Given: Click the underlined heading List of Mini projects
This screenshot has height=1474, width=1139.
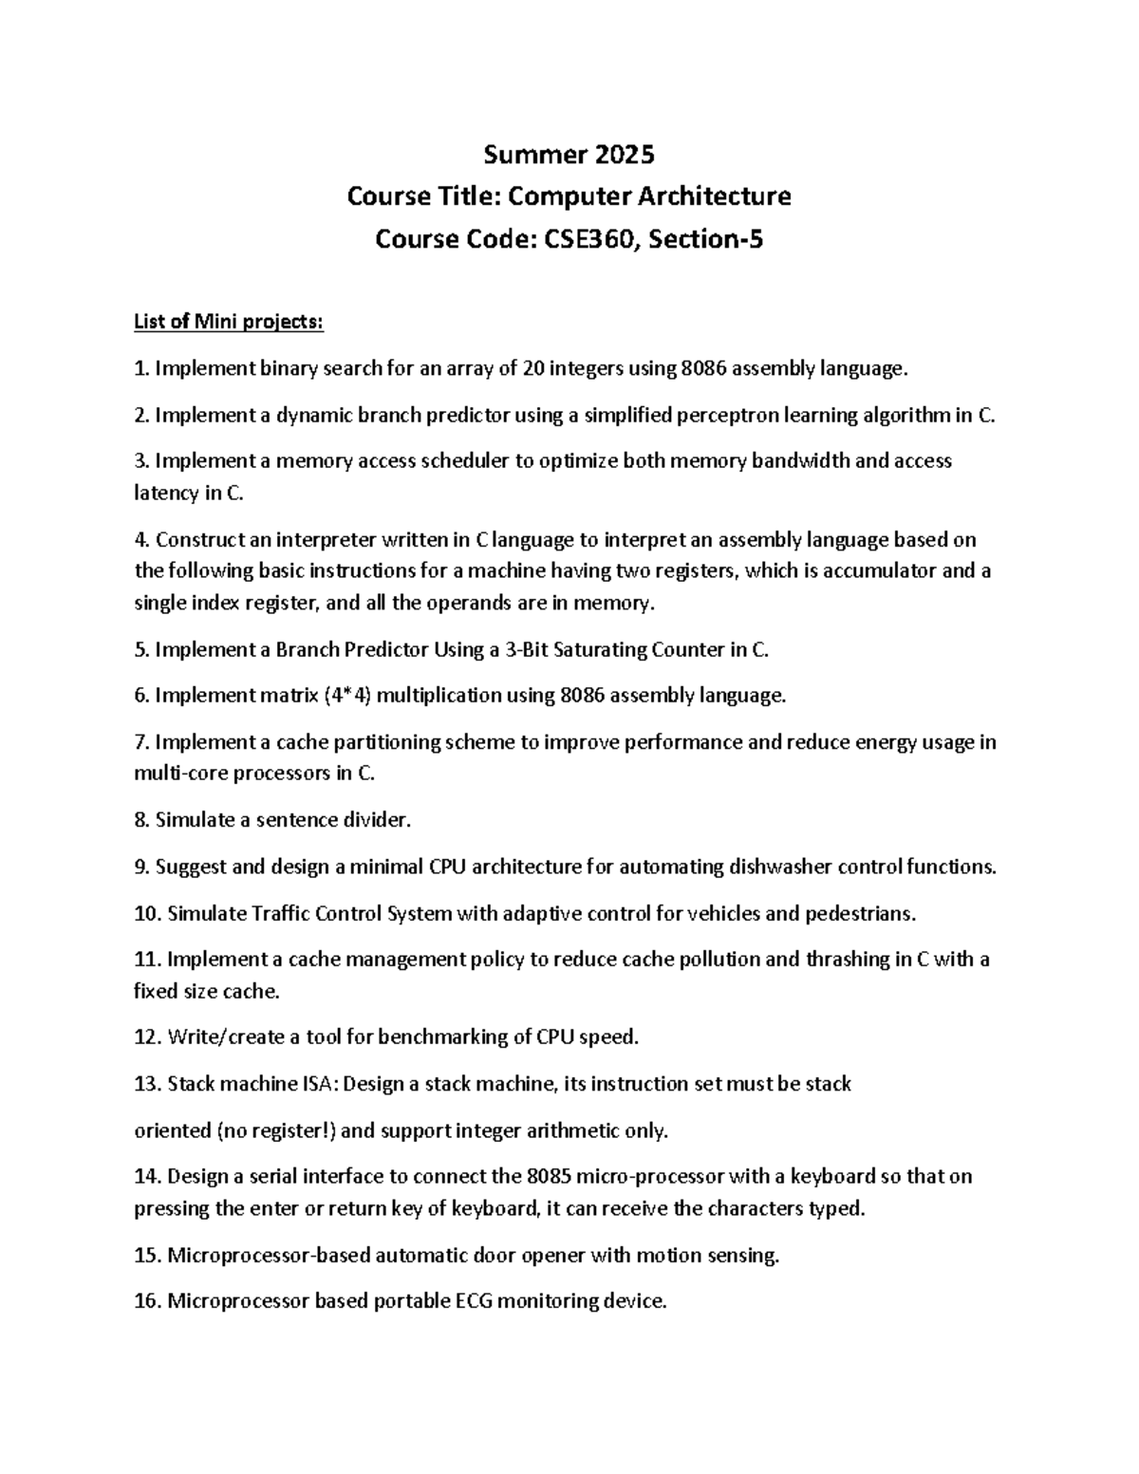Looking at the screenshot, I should coord(229,323).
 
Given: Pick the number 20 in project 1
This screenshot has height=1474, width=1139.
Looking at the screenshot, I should coord(533,368).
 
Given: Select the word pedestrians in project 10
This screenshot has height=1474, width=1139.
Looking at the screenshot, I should coord(860,914).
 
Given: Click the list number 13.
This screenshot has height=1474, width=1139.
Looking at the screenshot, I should coord(147,1084).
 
